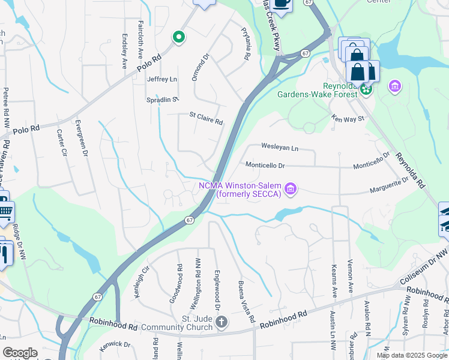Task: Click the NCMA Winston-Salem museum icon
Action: pyautogui.click(x=291, y=190)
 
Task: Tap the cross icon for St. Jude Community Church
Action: pyautogui.click(x=221, y=323)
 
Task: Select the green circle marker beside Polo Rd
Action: pyautogui.click(x=178, y=37)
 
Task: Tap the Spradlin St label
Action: pyautogui.click(x=164, y=100)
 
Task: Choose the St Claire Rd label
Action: pyautogui.click(x=206, y=118)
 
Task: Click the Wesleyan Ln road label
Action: pyautogui.click(x=280, y=147)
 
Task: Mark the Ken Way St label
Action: pyautogui.click(x=348, y=119)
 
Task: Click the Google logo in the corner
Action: pyautogui.click(x=20, y=353)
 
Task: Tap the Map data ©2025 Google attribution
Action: pyautogui.click(x=411, y=355)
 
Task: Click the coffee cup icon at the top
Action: pyautogui.click(x=281, y=3)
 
